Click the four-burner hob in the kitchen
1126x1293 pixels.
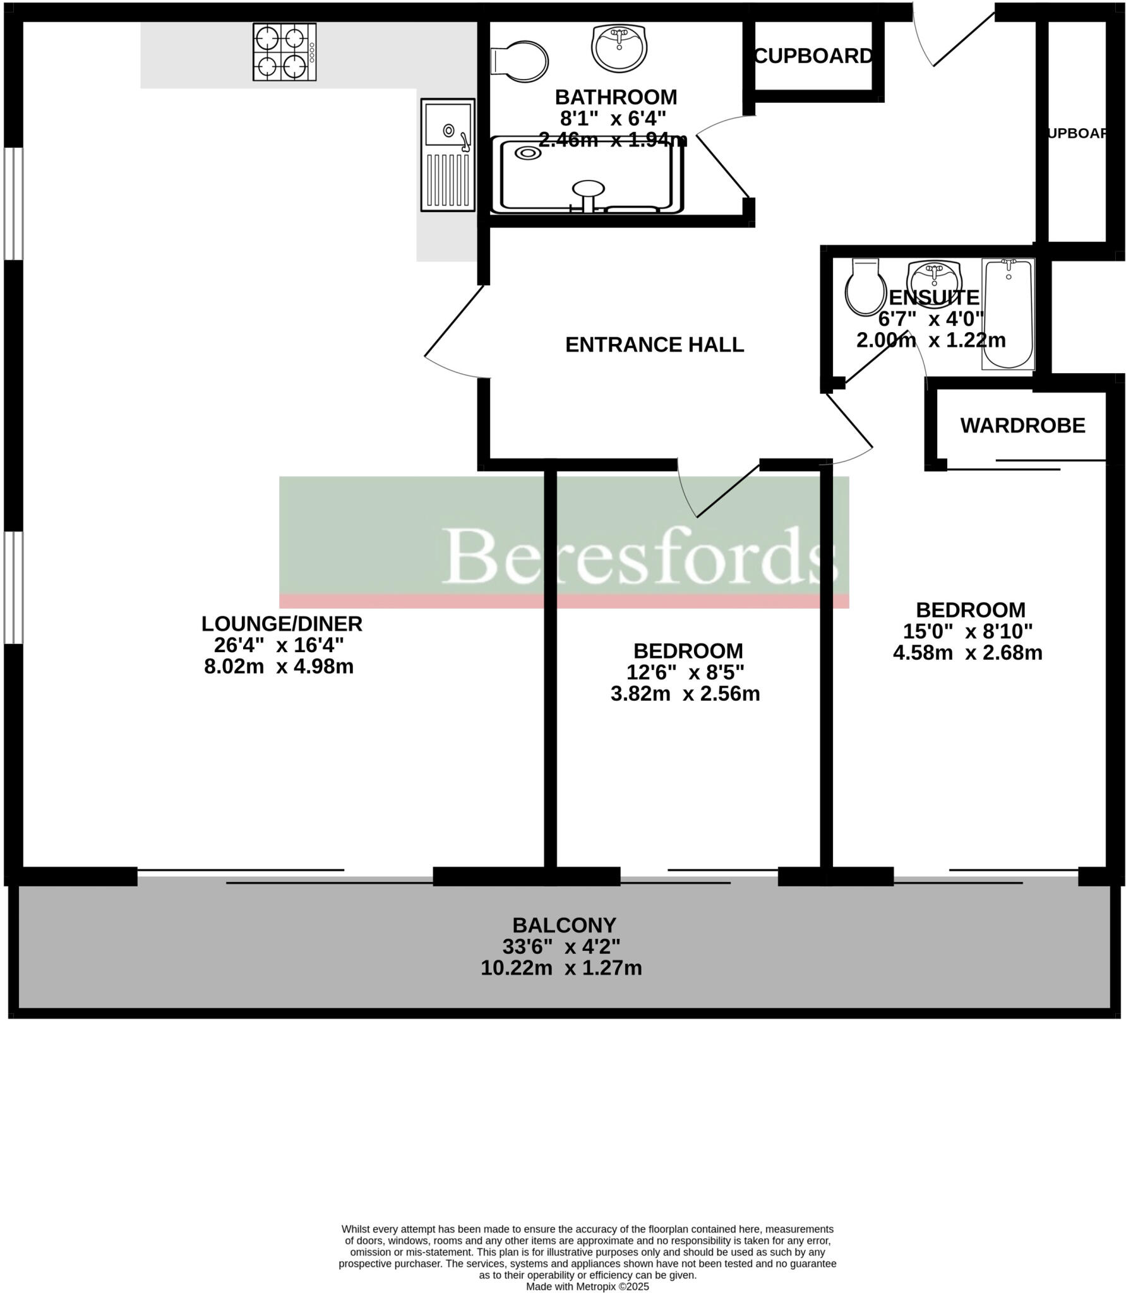[284, 52]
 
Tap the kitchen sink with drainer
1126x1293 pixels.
[448, 155]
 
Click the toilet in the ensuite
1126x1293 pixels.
[865, 287]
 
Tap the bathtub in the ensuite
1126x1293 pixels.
[1007, 314]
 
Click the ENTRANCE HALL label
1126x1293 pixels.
[654, 345]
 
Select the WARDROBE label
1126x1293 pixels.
[1022, 426]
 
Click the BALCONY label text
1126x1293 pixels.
[564, 925]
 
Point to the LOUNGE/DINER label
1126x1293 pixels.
[282, 624]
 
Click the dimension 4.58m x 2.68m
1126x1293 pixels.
[967, 653]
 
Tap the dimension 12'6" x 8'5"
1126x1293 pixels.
[685, 672]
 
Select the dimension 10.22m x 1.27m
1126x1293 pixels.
[561, 968]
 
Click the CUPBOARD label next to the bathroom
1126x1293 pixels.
[813, 56]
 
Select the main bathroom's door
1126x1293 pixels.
[724, 160]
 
